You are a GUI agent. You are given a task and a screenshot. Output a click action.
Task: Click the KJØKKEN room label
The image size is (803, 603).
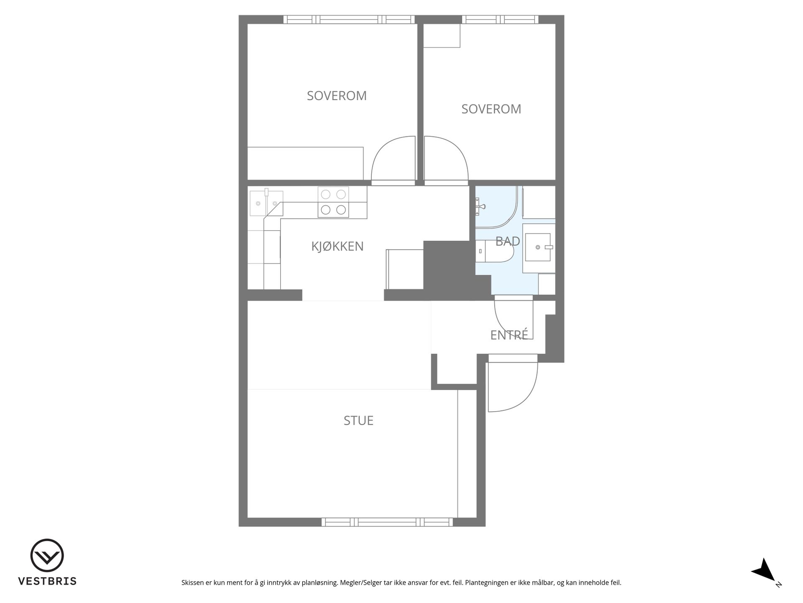coord(337,246)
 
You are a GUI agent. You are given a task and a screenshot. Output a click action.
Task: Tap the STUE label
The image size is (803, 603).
coord(358,420)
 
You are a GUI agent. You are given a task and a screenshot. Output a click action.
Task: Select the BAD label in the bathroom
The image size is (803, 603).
coord(507,241)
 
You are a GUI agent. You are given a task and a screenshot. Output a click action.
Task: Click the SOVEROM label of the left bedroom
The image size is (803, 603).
coord(337,96)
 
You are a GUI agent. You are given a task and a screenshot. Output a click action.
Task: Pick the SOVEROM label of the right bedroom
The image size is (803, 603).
coord(491,109)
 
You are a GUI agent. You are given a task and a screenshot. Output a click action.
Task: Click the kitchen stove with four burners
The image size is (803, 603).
coord(333,202)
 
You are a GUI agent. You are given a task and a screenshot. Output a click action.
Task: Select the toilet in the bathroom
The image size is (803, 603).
coord(495,251)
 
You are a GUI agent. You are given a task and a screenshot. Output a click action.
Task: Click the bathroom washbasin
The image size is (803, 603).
coord(538,247)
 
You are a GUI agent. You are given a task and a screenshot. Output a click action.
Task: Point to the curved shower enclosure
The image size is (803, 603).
coord(499,207)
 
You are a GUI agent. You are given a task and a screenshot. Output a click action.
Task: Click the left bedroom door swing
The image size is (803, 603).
coord(393,161)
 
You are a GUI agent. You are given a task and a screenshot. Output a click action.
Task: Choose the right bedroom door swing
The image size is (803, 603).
coord(446,161)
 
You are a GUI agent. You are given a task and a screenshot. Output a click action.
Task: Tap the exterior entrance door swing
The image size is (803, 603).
coord(513,383)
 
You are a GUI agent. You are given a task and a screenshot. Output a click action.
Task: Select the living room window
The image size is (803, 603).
coord(387,522)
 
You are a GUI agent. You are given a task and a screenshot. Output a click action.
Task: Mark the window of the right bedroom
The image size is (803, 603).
coord(500,19)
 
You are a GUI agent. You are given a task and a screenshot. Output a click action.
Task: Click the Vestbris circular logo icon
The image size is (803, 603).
coord(47,555)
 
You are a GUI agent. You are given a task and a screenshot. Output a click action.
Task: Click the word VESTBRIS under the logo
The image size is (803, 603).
coord(47,581)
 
